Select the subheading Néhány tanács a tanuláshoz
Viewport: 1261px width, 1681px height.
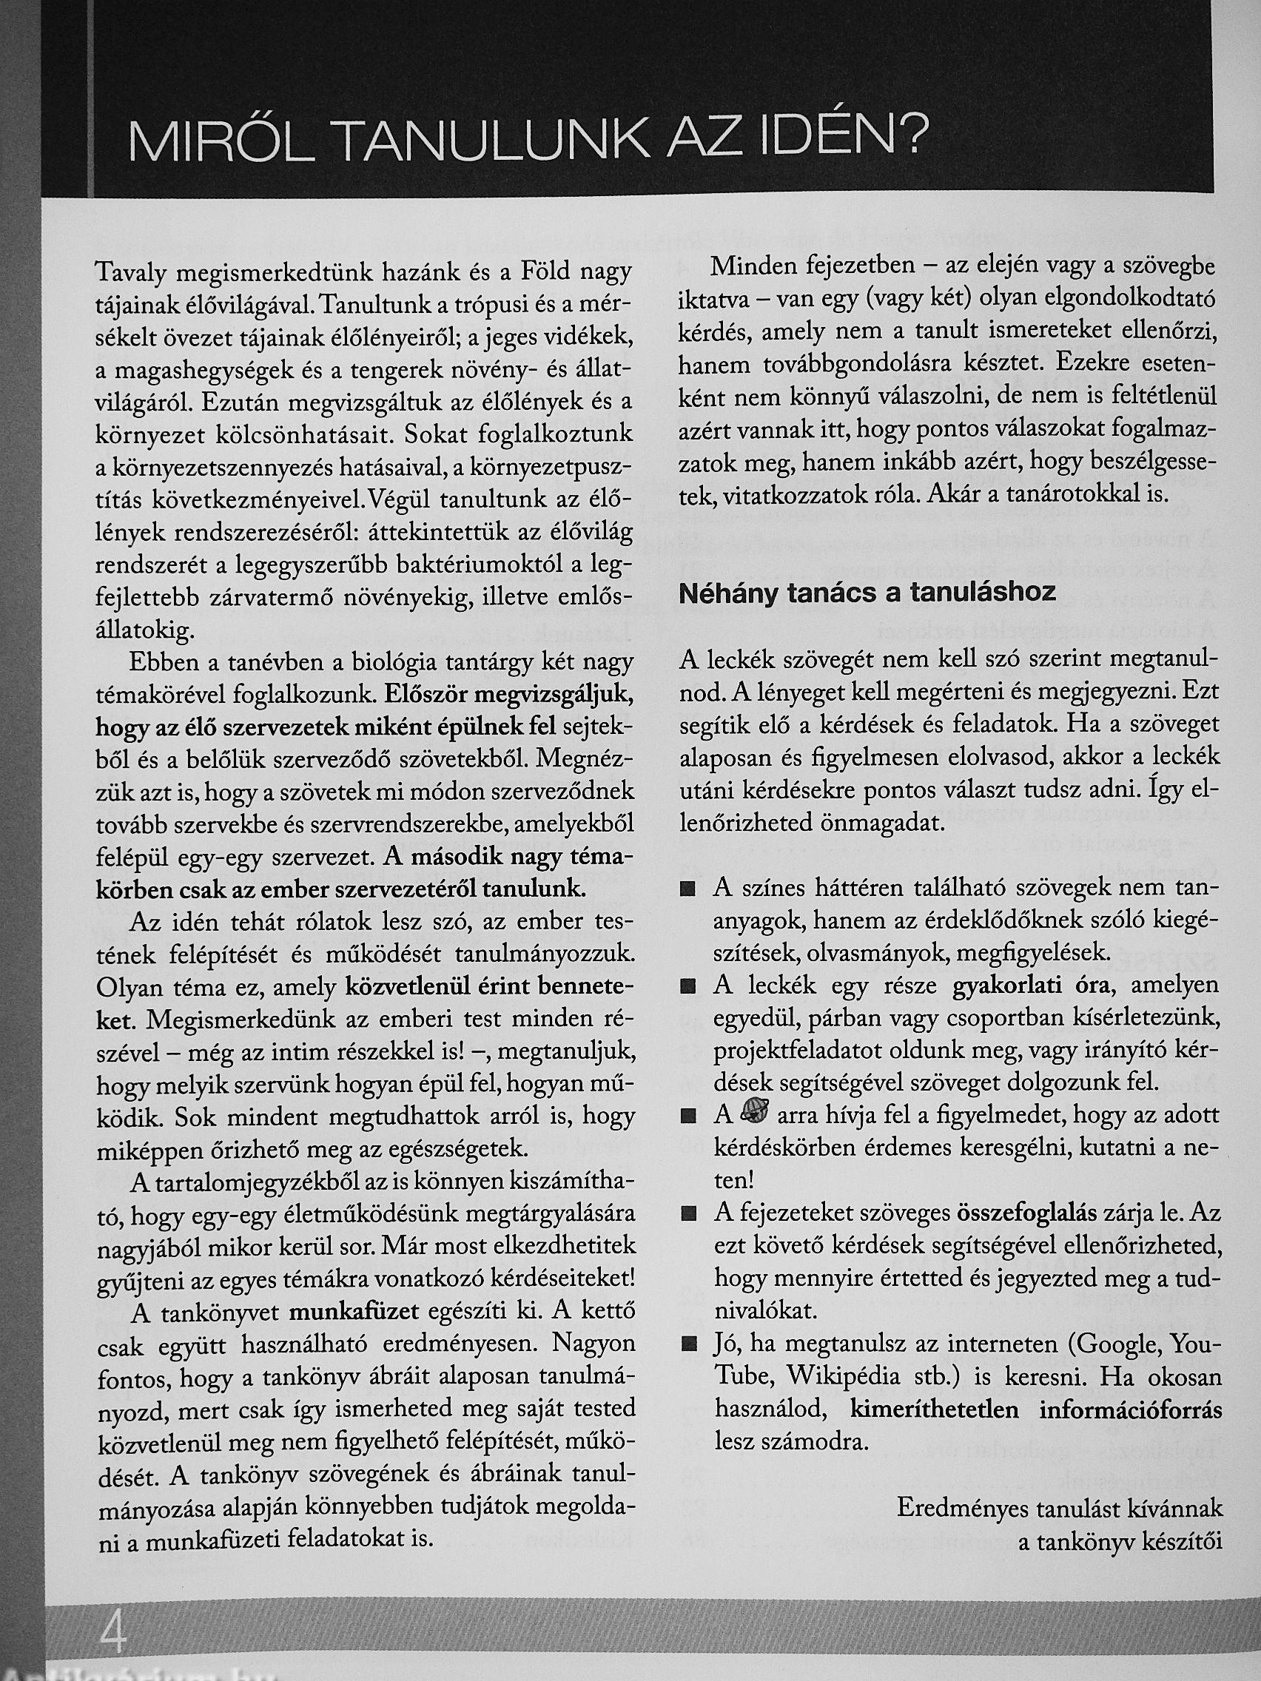(x=867, y=593)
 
